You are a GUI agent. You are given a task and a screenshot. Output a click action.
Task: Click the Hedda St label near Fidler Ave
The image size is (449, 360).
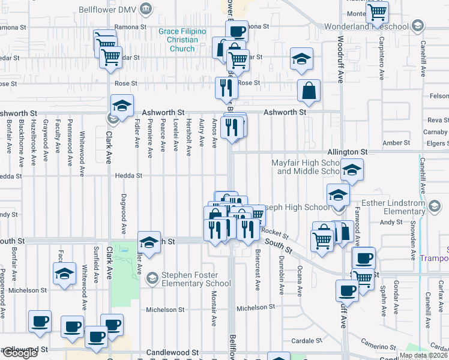point(129,176)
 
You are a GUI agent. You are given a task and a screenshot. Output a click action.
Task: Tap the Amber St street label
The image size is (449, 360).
point(396,143)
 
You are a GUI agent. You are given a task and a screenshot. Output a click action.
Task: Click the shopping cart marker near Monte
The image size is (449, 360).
point(378,13)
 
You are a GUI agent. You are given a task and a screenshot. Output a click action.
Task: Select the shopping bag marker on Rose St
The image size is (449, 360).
point(309,92)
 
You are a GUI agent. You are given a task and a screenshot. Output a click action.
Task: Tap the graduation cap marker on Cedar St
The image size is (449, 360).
point(301,60)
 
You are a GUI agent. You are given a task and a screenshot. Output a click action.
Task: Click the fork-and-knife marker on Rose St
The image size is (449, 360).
point(226,88)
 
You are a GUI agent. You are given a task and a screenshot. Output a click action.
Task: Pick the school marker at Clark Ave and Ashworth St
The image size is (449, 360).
point(122,107)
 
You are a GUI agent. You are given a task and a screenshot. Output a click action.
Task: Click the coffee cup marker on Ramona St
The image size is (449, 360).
point(237,31)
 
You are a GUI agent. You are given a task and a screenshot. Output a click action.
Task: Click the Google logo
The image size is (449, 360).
point(19,353)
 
